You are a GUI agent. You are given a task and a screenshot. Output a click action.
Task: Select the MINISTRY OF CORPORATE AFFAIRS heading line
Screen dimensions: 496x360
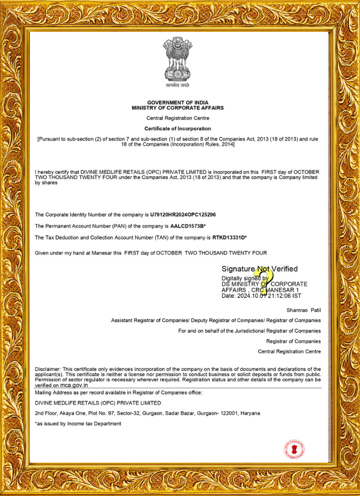(x=178, y=108)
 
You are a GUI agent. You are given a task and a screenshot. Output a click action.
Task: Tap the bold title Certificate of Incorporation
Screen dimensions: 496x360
(x=178, y=128)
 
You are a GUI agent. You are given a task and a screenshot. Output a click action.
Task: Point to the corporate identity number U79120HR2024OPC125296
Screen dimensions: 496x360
(x=183, y=214)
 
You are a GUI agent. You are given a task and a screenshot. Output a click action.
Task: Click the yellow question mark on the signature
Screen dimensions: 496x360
(x=261, y=279)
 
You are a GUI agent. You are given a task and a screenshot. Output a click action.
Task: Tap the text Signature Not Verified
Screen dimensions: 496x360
(x=259, y=269)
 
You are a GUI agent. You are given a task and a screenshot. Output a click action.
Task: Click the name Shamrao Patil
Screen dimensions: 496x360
(x=304, y=310)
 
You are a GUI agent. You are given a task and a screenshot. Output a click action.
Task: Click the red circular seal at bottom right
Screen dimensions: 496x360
(x=294, y=449)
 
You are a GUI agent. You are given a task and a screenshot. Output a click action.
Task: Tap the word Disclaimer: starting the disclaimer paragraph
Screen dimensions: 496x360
(x=48, y=369)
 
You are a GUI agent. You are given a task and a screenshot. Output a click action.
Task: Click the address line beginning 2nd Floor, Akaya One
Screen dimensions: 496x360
(x=147, y=413)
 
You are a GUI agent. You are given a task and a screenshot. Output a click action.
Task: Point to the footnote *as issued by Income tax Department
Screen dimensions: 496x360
(x=78, y=424)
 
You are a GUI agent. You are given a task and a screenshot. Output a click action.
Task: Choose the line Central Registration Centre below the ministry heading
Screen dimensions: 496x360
(x=178, y=118)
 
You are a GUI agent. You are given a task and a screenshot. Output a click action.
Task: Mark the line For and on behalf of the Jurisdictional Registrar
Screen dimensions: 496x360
(x=249, y=331)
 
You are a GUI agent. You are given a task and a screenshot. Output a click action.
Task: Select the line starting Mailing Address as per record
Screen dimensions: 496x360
(x=118, y=393)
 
